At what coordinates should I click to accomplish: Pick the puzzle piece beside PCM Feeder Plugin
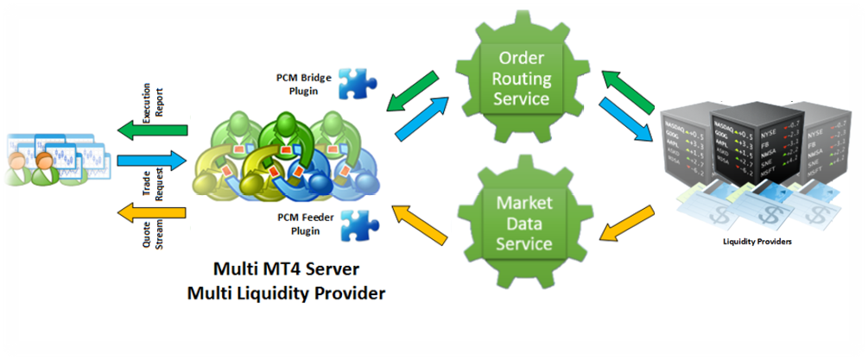(356, 225)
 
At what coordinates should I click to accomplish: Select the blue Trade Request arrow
(152, 161)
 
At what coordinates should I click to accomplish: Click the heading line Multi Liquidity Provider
(285, 294)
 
